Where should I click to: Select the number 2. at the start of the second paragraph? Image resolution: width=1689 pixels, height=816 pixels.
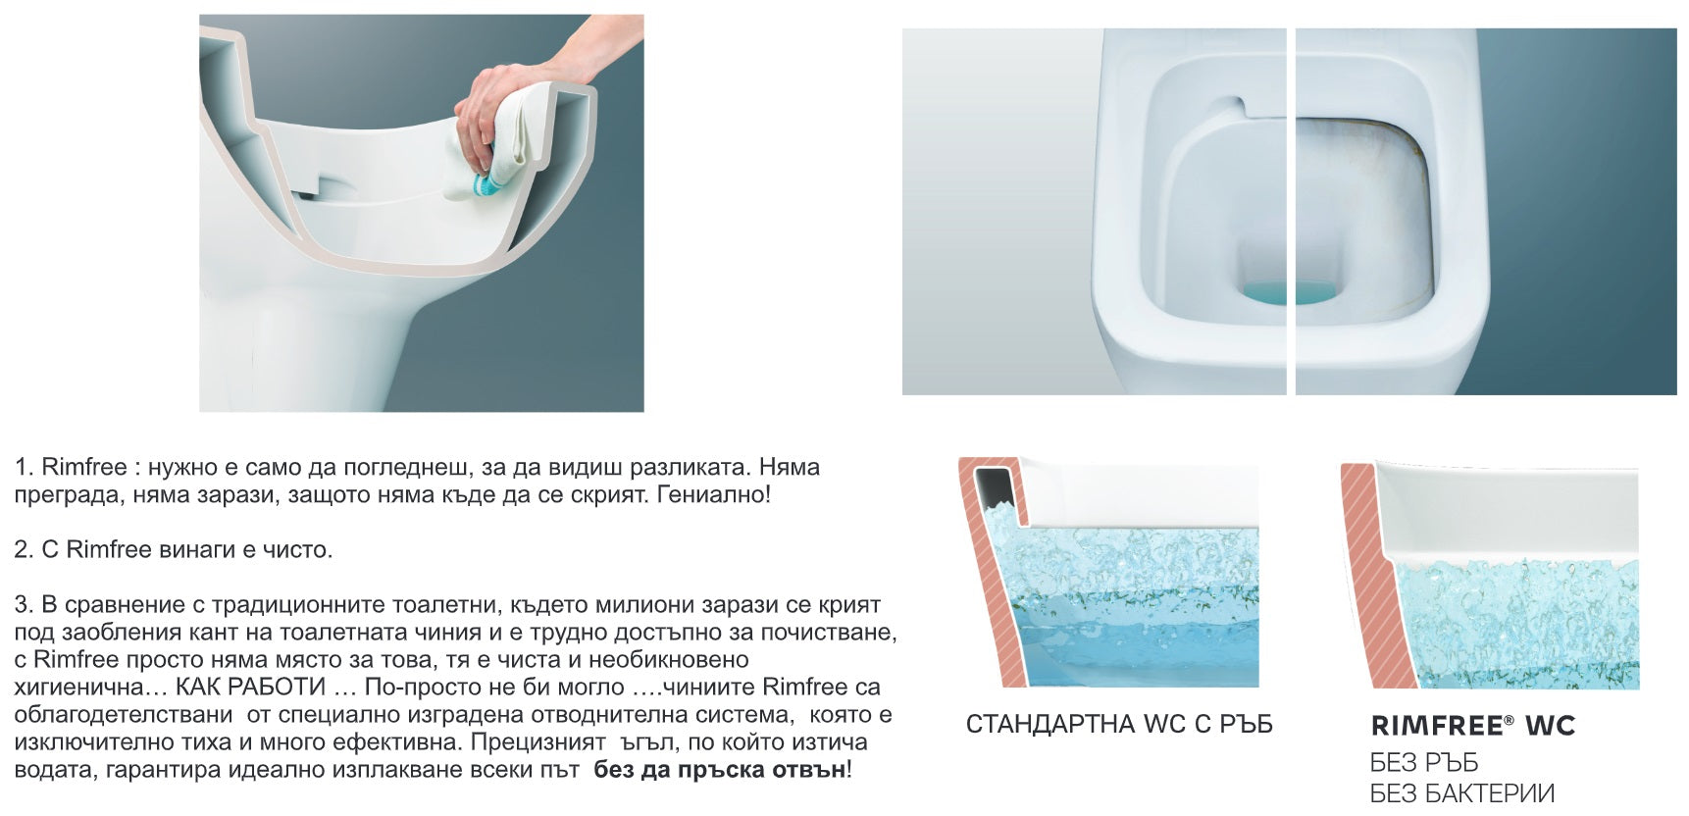(x=25, y=549)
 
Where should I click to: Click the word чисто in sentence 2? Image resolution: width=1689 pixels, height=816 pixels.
(x=299, y=549)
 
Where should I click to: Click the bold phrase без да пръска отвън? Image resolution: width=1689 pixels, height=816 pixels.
(x=719, y=770)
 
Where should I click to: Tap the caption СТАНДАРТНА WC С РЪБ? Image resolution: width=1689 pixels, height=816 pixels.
(x=1118, y=725)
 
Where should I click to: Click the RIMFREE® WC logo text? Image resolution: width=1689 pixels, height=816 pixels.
(x=1471, y=726)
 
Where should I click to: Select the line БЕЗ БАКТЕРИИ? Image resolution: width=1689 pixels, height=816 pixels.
(x=1461, y=792)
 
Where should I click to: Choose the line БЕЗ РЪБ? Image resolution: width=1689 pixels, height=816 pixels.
(x=1423, y=763)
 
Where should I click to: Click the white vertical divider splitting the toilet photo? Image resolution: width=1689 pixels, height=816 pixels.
(x=1291, y=211)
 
